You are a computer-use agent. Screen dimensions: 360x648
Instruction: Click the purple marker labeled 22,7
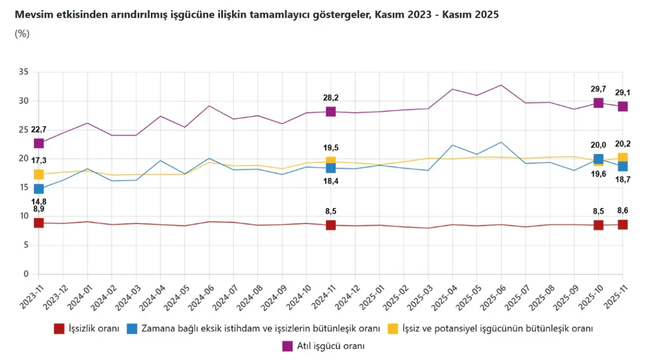(x=39, y=143)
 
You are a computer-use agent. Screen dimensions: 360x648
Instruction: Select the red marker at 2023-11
(x=39, y=223)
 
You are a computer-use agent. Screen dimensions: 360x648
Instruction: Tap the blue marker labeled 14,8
(x=39, y=189)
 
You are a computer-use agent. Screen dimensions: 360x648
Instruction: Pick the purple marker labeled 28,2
(x=331, y=111)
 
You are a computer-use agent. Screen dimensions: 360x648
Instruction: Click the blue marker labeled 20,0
(x=598, y=159)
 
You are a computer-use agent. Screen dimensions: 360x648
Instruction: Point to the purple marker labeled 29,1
(x=623, y=106)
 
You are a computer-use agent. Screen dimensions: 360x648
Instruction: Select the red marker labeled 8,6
(x=623, y=224)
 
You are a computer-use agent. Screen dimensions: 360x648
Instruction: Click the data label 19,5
(x=331, y=148)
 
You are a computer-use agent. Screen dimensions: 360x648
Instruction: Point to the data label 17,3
(x=39, y=161)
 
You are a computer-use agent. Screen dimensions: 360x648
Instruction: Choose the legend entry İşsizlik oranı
(x=94, y=329)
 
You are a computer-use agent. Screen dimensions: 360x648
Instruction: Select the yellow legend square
(x=392, y=329)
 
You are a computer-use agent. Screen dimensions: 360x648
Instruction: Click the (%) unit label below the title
(x=22, y=34)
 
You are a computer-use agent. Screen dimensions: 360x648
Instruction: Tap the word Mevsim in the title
(x=32, y=15)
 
